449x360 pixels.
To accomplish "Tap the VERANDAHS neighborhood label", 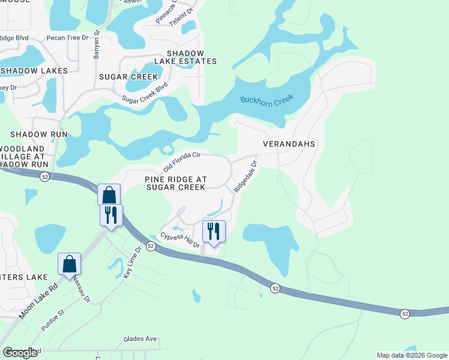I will click(x=289, y=145).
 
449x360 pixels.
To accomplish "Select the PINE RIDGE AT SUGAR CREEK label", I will click(x=175, y=183).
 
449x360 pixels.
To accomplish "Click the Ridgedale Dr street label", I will click(x=246, y=176).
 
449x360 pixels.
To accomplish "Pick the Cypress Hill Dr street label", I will click(x=179, y=239).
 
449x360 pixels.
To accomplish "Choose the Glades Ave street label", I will click(x=140, y=339).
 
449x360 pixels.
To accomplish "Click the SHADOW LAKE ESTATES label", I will click(x=185, y=57).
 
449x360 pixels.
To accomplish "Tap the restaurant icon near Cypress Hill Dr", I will click(x=214, y=231).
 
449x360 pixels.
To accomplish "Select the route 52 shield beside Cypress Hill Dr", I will click(x=151, y=247).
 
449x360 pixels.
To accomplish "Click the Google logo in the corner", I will click(x=20, y=353).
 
